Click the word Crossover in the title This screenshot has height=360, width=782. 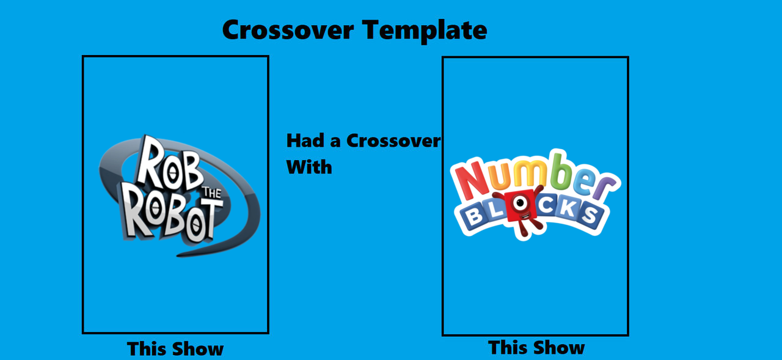(x=288, y=30)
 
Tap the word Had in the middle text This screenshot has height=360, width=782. (x=305, y=141)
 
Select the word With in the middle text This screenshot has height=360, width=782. (x=309, y=167)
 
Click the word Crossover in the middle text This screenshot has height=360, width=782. (x=393, y=141)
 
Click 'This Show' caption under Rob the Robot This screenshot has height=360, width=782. (x=175, y=349)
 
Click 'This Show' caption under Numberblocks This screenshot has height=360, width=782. (x=536, y=347)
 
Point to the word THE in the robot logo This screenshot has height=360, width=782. (x=212, y=193)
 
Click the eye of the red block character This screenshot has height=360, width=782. (x=520, y=202)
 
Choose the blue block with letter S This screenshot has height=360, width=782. (x=590, y=215)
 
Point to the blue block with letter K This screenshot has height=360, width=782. (x=566, y=208)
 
